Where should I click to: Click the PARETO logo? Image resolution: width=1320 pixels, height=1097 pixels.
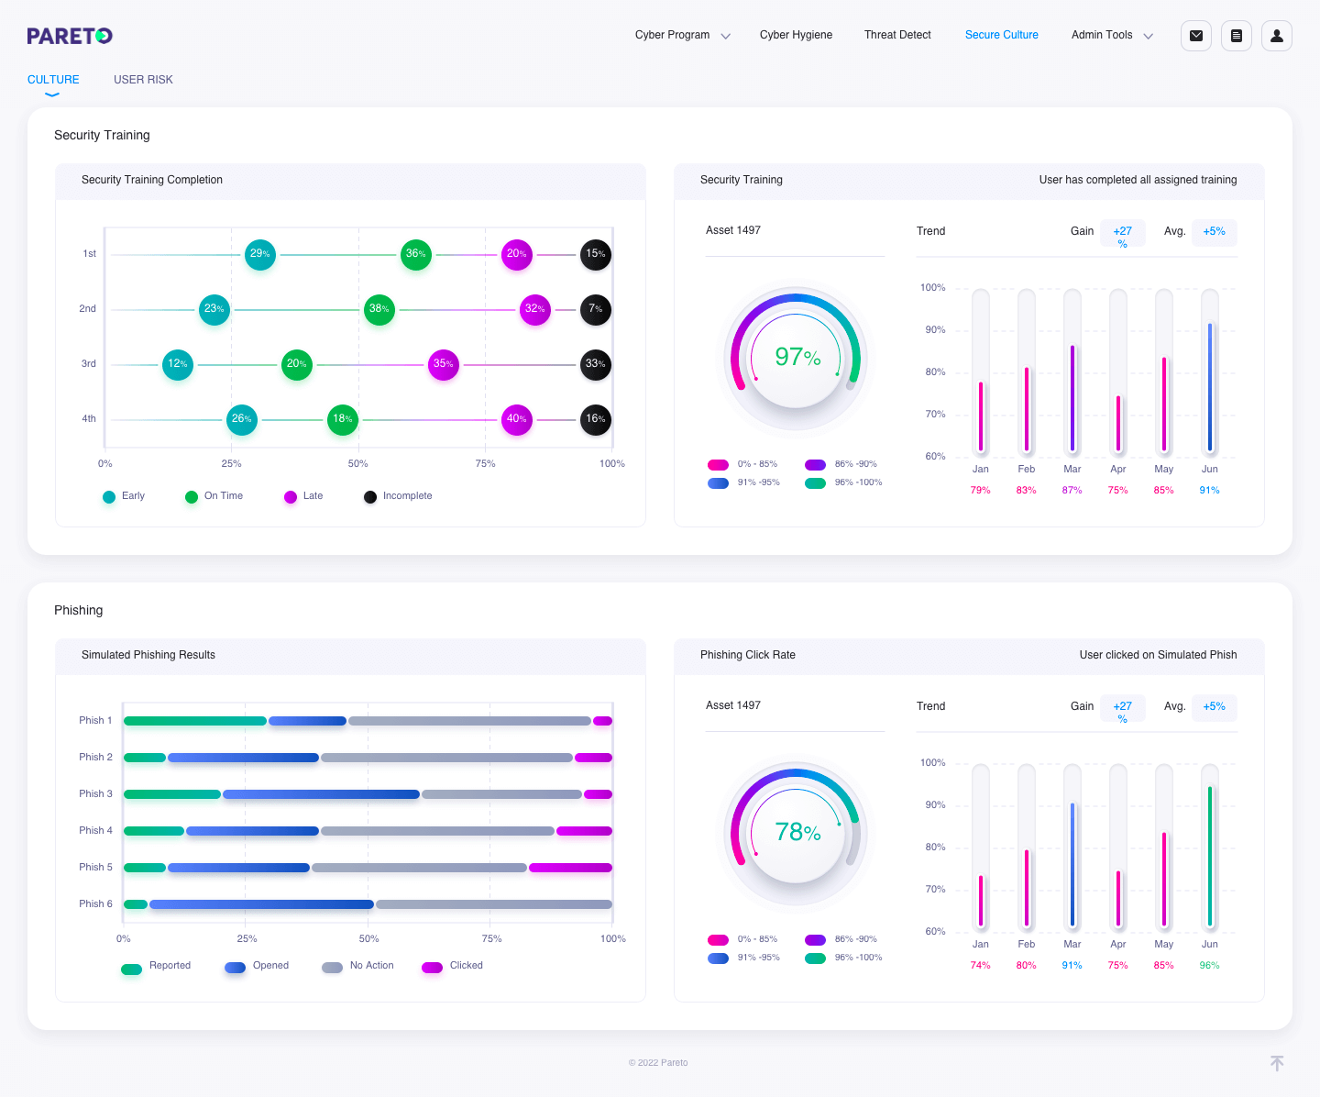click(x=70, y=36)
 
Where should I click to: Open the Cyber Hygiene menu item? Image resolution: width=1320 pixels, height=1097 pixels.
click(x=796, y=35)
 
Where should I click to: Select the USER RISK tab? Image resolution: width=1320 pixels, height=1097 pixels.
click(x=143, y=80)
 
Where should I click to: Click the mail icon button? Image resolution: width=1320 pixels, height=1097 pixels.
click(x=1195, y=36)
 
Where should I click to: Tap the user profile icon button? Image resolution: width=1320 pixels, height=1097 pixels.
click(x=1276, y=36)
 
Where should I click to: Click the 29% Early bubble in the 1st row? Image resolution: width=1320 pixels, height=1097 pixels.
click(x=259, y=254)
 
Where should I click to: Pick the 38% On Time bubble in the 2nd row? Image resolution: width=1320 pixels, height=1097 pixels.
click(x=379, y=309)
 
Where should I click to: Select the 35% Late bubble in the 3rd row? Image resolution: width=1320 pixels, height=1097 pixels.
click(x=443, y=364)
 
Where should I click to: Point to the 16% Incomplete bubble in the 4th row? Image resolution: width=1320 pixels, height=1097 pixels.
click(x=596, y=419)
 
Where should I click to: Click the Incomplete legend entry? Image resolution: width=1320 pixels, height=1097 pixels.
click(x=398, y=496)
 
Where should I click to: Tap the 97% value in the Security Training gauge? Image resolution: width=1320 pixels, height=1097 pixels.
click(x=797, y=358)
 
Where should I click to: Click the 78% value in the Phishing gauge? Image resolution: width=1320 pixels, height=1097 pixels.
click(x=797, y=833)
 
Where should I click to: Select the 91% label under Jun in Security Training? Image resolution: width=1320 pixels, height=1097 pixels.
click(x=1209, y=491)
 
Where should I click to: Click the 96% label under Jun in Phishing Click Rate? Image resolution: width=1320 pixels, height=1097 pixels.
click(x=1209, y=966)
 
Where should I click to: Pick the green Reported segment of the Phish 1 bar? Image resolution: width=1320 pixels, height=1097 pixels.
click(x=194, y=721)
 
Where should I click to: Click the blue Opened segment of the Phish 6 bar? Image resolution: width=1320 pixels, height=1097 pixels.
click(x=261, y=904)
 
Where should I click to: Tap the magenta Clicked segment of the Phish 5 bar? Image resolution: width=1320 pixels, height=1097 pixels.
click(x=570, y=868)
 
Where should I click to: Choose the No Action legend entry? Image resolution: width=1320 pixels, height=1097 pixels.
click(x=357, y=966)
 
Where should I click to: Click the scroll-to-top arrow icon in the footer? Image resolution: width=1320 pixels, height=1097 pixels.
click(x=1276, y=1063)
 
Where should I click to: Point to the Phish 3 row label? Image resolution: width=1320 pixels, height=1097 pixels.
click(x=95, y=794)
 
